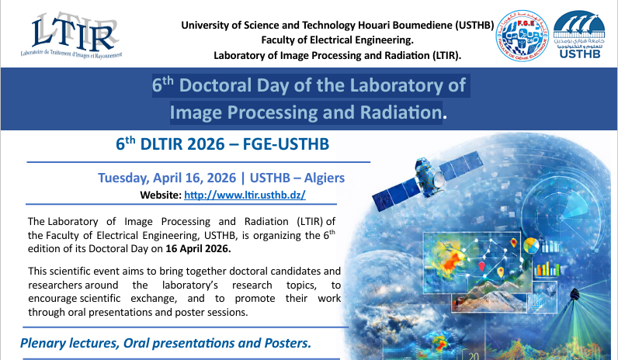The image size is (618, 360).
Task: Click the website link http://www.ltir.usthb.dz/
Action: [x=250, y=195]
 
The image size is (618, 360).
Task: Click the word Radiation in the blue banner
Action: [x=395, y=112]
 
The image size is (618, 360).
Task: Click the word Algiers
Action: [x=321, y=178]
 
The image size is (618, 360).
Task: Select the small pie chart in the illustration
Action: [x=531, y=247]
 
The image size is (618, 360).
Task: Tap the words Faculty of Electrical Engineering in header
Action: [x=337, y=40]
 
